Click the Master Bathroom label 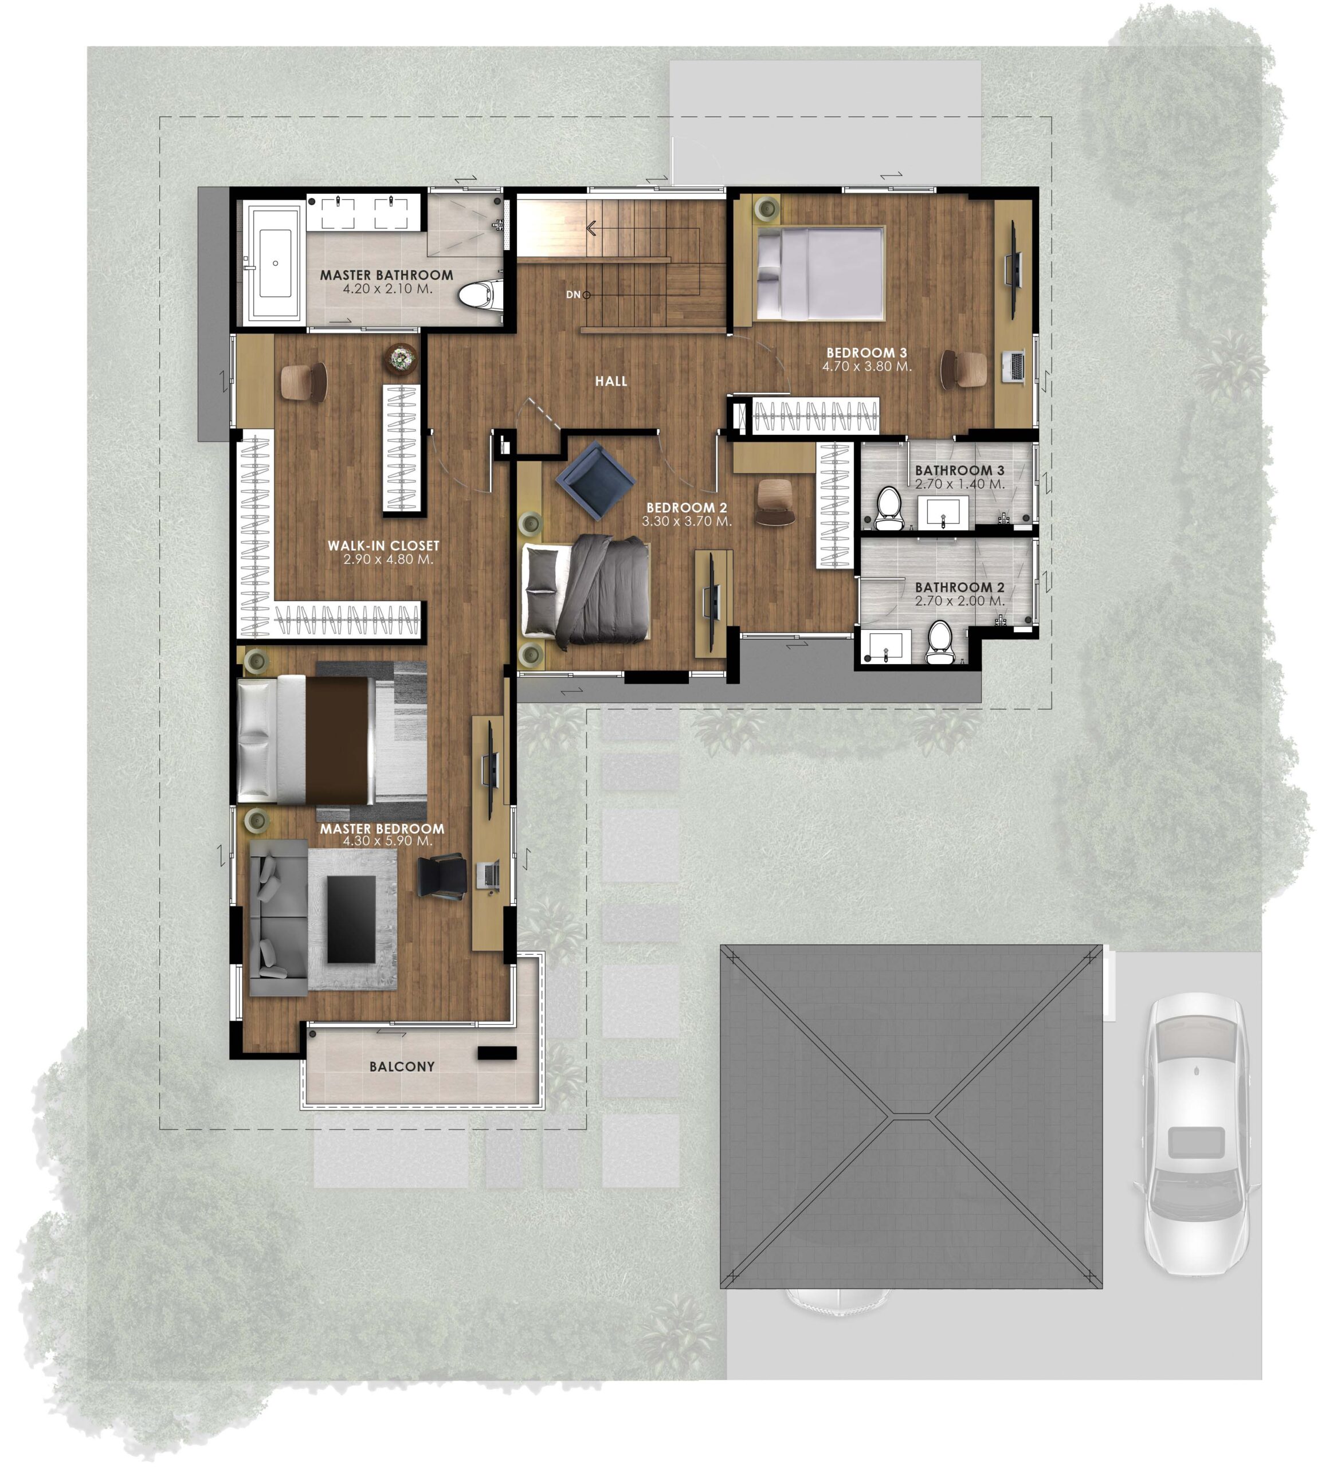click(x=386, y=275)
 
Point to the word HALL click(x=611, y=381)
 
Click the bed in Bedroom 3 click(x=820, y=273)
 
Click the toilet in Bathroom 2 click(x=939, y=642)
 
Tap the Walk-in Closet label click(x=383, y=546)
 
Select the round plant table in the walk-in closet click(x=402, y=359)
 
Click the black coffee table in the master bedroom click(x=351, y=919)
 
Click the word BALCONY click(x=402, y=1067)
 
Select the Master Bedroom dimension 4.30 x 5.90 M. click(x=388, y=841)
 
